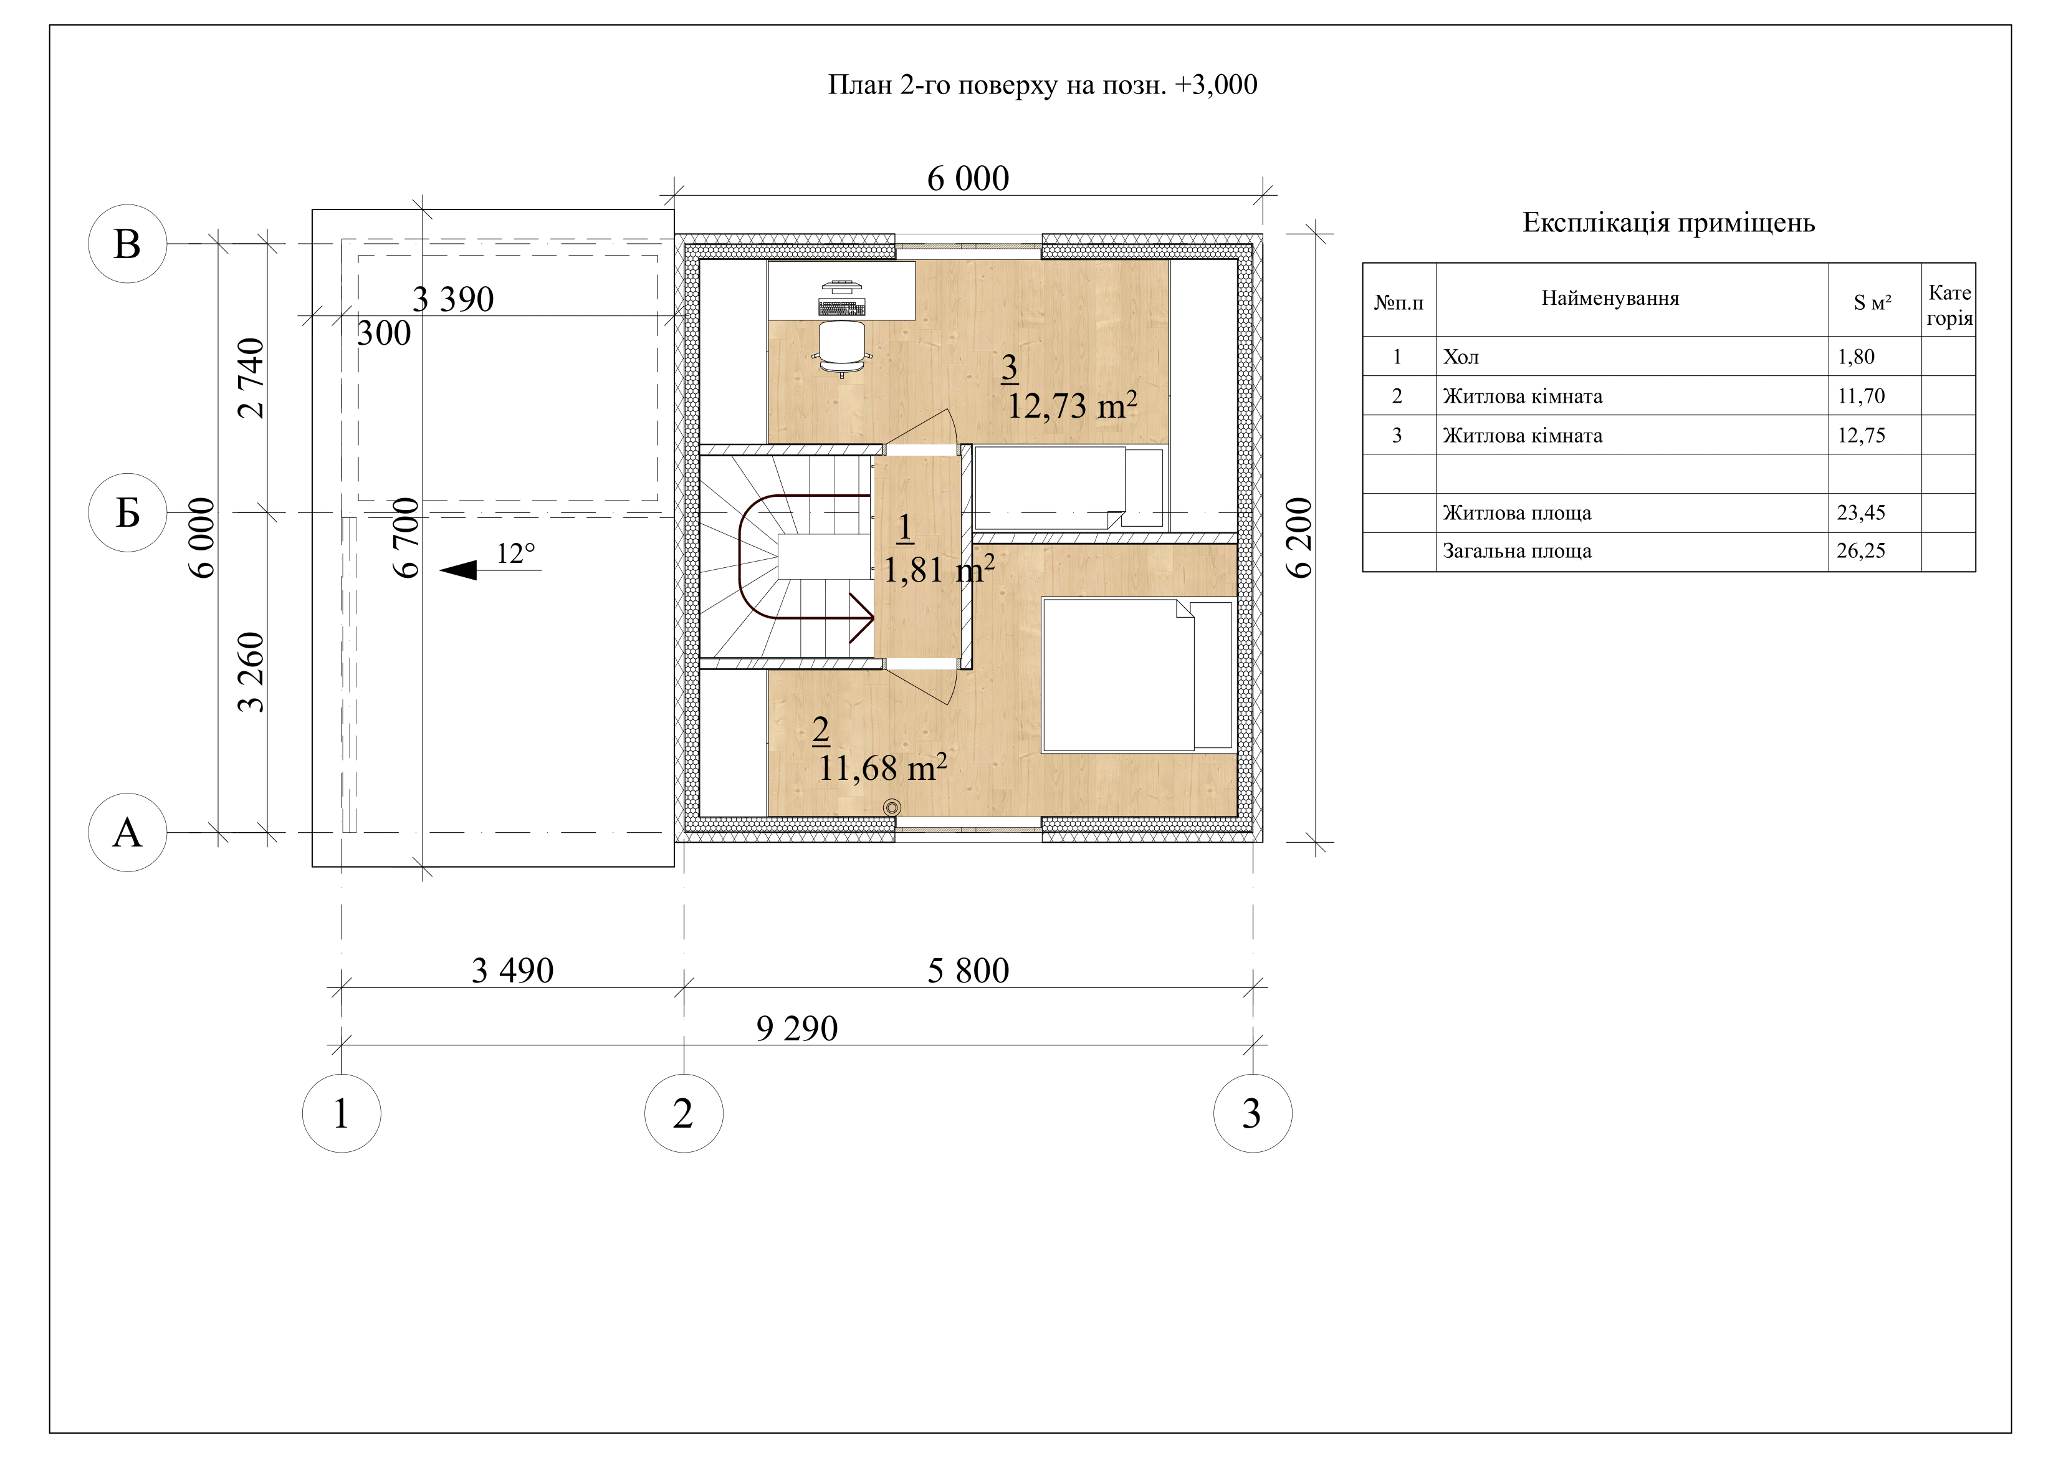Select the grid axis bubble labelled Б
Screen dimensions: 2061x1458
pyautogui.click(x=128, y=512)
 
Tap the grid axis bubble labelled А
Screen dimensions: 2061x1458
pyautogui.click(x=128, y=832)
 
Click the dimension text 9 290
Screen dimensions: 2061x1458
pyautogui.click(x=797, y=1028)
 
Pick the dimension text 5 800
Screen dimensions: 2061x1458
pyautogui.click(x=968, y=971)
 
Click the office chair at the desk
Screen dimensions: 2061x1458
pyautogui.click(x=842, y=348)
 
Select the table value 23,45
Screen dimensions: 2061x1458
pyautogui.click(x=1861, y=512)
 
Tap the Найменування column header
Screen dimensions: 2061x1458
pyautogui.click(x=1610, y=298)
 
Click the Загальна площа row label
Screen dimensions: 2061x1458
pyautogui.click(x=1517, y=550)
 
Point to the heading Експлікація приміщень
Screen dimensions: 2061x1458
pyautogui.click(x=1669, y=223)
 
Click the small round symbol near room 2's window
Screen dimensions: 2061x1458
pyautogui.click(x=891, y=808)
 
